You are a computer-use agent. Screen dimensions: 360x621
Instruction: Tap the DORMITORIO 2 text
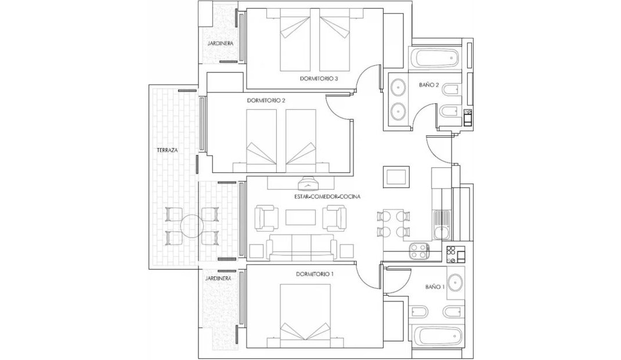[x=267, y=100]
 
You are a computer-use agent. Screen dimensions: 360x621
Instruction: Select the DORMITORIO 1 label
[x=315, y=273]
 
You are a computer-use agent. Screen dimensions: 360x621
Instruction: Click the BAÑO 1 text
[x=435, y=286]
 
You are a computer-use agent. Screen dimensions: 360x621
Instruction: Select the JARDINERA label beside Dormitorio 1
[x=219, y=278]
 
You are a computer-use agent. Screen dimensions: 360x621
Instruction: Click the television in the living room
[x=308, y=185]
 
